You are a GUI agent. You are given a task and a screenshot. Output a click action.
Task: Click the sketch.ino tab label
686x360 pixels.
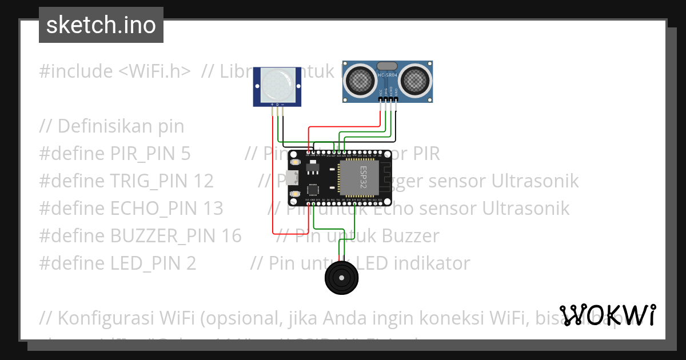tap(101, 25)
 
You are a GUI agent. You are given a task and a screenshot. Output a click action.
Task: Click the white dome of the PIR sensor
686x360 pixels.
tap(277, 84)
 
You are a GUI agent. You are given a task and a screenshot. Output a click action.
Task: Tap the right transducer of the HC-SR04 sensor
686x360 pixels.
tap(414, 81)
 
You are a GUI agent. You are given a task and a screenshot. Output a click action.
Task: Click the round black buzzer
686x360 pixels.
tap(342, 278)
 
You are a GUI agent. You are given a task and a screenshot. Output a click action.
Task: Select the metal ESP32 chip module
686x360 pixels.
tap(360, 178)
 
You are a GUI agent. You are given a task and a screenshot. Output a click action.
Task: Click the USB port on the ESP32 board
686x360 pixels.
tap(293, 177)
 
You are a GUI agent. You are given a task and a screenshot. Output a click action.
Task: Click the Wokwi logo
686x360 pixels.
tap(608, 315)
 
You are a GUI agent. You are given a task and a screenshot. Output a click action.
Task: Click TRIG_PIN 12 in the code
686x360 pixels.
tap(161, 181)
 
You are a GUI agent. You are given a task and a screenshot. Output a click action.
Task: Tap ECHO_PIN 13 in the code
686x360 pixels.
tap(166, 208)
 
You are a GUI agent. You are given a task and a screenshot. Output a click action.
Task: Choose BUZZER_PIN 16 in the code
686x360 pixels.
tap(176, 235)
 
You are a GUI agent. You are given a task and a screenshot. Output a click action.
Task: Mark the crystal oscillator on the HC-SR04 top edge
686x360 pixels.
tap(387, 66)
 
